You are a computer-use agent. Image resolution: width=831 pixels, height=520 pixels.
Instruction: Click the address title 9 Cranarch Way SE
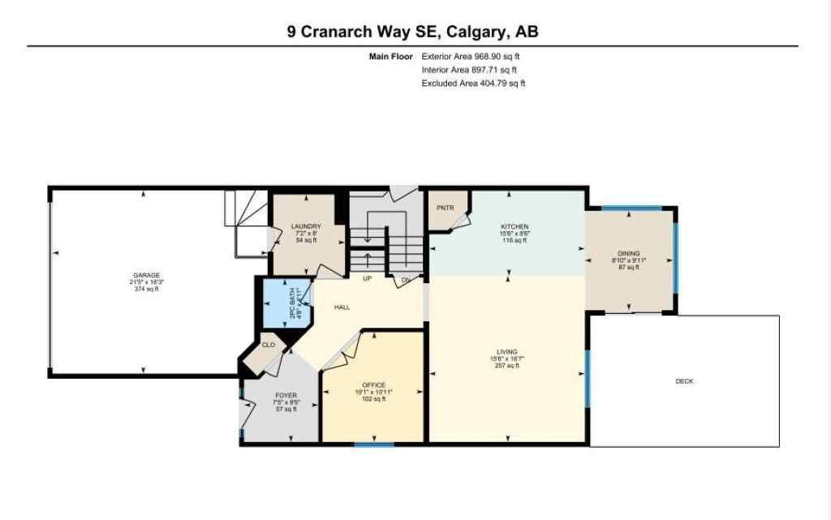pos(412,32)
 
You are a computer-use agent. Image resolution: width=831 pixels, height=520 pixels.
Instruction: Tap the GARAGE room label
pos(144,275)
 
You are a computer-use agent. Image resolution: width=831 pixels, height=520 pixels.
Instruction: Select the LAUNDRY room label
pos(307,226)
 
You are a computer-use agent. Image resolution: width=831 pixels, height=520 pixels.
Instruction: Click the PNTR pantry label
pos(444,208)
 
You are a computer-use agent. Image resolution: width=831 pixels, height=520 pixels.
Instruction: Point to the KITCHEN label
pos(515,226)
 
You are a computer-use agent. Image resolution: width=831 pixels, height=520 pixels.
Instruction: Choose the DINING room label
pos(628,253)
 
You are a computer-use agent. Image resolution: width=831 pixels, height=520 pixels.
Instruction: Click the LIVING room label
pos(506,352)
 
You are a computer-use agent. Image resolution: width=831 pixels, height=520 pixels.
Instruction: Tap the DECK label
pos(684,381)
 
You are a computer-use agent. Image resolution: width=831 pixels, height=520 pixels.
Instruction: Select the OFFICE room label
pos(373,385)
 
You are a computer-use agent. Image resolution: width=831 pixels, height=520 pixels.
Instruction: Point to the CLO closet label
pos(268,345)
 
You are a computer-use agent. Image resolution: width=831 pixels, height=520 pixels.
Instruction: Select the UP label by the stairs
pos(367,278)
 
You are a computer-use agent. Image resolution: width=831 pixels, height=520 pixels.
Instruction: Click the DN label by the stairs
pos(406,280)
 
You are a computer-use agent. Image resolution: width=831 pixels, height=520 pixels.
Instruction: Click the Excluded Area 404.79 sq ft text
pos(473,83)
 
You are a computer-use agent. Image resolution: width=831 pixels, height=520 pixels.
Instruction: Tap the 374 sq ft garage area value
pos(144,289)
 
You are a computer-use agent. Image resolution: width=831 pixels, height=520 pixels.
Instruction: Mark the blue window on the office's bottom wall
pos(374,444)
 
